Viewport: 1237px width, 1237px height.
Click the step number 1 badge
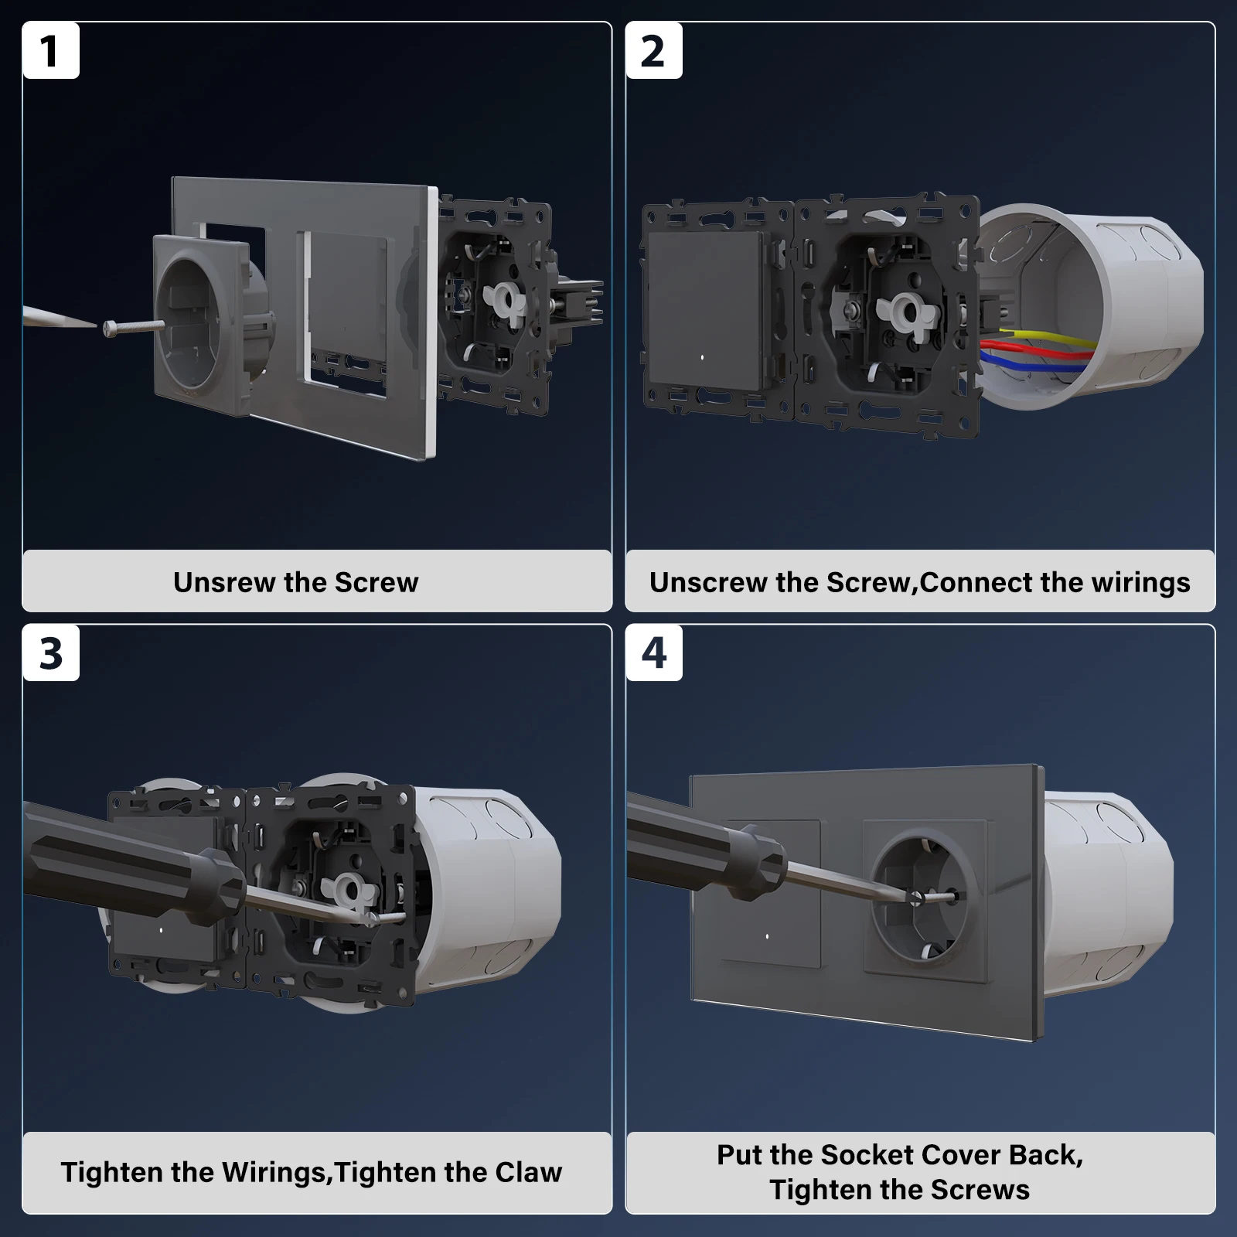[51, 51]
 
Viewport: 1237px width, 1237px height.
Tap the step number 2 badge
[654, 51]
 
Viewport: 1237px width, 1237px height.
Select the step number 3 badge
[51, 653]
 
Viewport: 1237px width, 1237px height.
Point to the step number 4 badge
[654, 653]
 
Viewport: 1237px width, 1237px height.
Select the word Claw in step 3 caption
[528, 1172]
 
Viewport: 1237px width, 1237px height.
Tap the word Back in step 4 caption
[1041, 1155]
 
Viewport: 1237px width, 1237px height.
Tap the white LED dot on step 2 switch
[700, 358]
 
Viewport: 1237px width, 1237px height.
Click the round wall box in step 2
[1090, 302]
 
